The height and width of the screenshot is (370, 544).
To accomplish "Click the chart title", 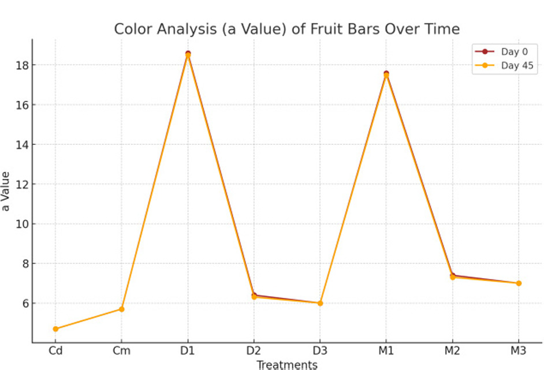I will click(x=286, y=29).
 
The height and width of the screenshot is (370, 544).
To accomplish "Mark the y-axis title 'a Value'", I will click(x=6, y=191).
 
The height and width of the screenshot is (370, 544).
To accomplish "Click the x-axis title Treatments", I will click(x=286, y=364).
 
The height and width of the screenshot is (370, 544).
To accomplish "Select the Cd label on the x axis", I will click(x=55, y=350).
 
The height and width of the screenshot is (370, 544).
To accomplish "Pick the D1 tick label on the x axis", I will click(x=188, y=350).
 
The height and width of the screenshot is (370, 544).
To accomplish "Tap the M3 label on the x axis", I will click(x=518, y=350).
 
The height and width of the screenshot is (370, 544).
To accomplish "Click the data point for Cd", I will click(x=55, y=329).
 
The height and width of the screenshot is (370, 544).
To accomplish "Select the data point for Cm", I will click(x=121, y=309).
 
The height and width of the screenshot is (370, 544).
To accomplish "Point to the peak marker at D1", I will click(x=188, y=54).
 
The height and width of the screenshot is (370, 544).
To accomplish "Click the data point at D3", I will click(x=320, y=303).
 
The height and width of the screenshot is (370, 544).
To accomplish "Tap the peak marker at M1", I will click(x=386, y=74).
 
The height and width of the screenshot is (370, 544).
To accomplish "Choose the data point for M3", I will click(x=518, y=283).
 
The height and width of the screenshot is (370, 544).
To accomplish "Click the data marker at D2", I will click(x=254, y=296).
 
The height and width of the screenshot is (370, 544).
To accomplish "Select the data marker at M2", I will click(x=452, y=276).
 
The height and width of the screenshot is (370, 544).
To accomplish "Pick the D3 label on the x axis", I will click(x=320, y=350).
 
